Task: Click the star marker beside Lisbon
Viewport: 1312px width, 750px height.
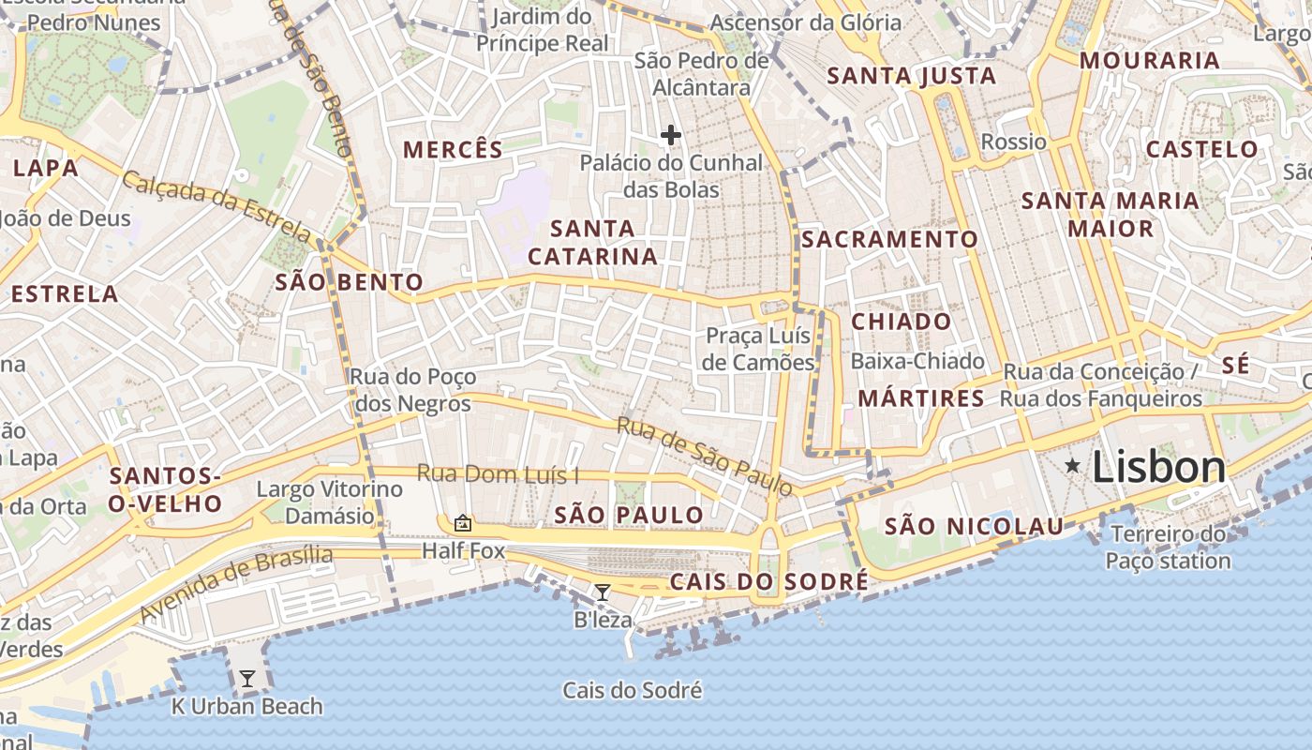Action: coord(1072,465)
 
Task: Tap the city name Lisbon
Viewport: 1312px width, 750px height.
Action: coord(1158,468)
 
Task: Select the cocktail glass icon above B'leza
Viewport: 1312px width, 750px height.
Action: coord(603,592)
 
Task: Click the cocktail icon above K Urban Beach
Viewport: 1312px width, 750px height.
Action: coord(247,678)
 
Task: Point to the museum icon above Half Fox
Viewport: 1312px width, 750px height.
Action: coord(462,523)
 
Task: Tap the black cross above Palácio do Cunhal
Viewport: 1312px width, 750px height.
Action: coord(670,135)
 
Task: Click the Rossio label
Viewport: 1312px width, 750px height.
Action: coord(1013,142)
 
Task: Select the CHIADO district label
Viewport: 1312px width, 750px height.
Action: coord(901,322)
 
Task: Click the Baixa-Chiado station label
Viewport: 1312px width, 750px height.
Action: coord(917,361)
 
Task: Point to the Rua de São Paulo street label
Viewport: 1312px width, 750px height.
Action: coord(704,456)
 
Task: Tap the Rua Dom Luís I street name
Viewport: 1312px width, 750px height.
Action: coord(498,474)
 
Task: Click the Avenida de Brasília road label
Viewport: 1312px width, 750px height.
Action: coord(235,583)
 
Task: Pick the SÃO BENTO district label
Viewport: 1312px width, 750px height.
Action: coord(349,282)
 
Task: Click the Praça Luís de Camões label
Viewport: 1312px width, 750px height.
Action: coord(759,349)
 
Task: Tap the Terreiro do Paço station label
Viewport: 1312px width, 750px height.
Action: coord(1167,547)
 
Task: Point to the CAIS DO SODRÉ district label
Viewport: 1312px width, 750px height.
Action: coord(768,582)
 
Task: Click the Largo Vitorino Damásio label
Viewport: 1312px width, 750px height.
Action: coord(329,502)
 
